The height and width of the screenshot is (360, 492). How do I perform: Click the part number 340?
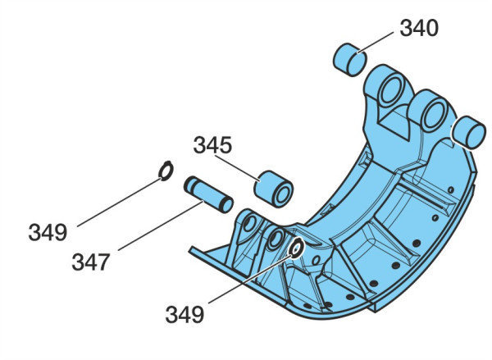[x=419, y=28]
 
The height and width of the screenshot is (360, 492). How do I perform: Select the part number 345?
[x=212, y=145]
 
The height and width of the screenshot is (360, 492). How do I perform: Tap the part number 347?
[x=91, y=262]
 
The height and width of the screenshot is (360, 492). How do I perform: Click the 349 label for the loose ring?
[x=48, y=233]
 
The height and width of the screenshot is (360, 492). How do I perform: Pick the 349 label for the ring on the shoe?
[x=184, y=315]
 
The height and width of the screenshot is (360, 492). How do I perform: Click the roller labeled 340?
[x=349, y=60]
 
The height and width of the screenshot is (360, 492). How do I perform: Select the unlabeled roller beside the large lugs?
[x=469, y=133]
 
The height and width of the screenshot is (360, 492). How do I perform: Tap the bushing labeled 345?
[x=273, y=189]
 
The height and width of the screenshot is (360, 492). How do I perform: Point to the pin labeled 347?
[x=208, y=194]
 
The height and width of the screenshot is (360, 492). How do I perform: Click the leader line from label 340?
[x=376, y=43]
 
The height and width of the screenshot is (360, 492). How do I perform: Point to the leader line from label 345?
[x=237, y=169]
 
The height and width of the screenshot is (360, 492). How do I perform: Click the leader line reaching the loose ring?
[x=119, y=203]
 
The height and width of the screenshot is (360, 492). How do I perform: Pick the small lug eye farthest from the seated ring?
[x=250, y=224]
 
